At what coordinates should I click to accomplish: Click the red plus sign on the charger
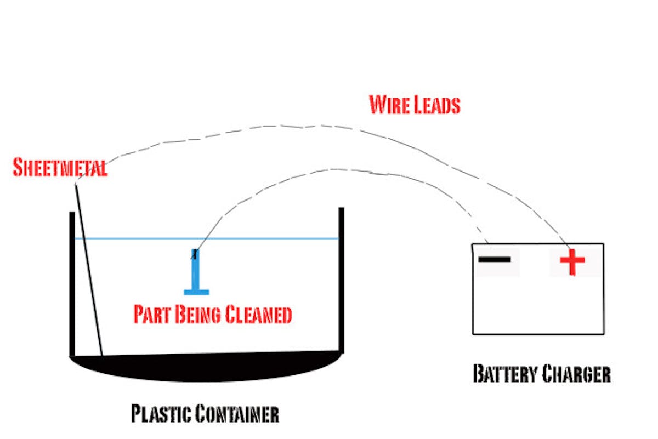coord(572,262)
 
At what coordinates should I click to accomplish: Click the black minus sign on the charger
coord(494,259)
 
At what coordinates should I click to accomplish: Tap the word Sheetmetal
coord(60,168)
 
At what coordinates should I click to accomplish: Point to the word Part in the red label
coord(153,315)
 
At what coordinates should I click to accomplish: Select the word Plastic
coord(161,413)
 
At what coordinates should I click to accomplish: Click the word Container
coord(237,413)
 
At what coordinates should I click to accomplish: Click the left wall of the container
coord(71,285)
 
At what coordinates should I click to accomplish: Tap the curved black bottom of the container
coord(206,367)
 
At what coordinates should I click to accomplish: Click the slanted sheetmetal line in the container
coord(89,269)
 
